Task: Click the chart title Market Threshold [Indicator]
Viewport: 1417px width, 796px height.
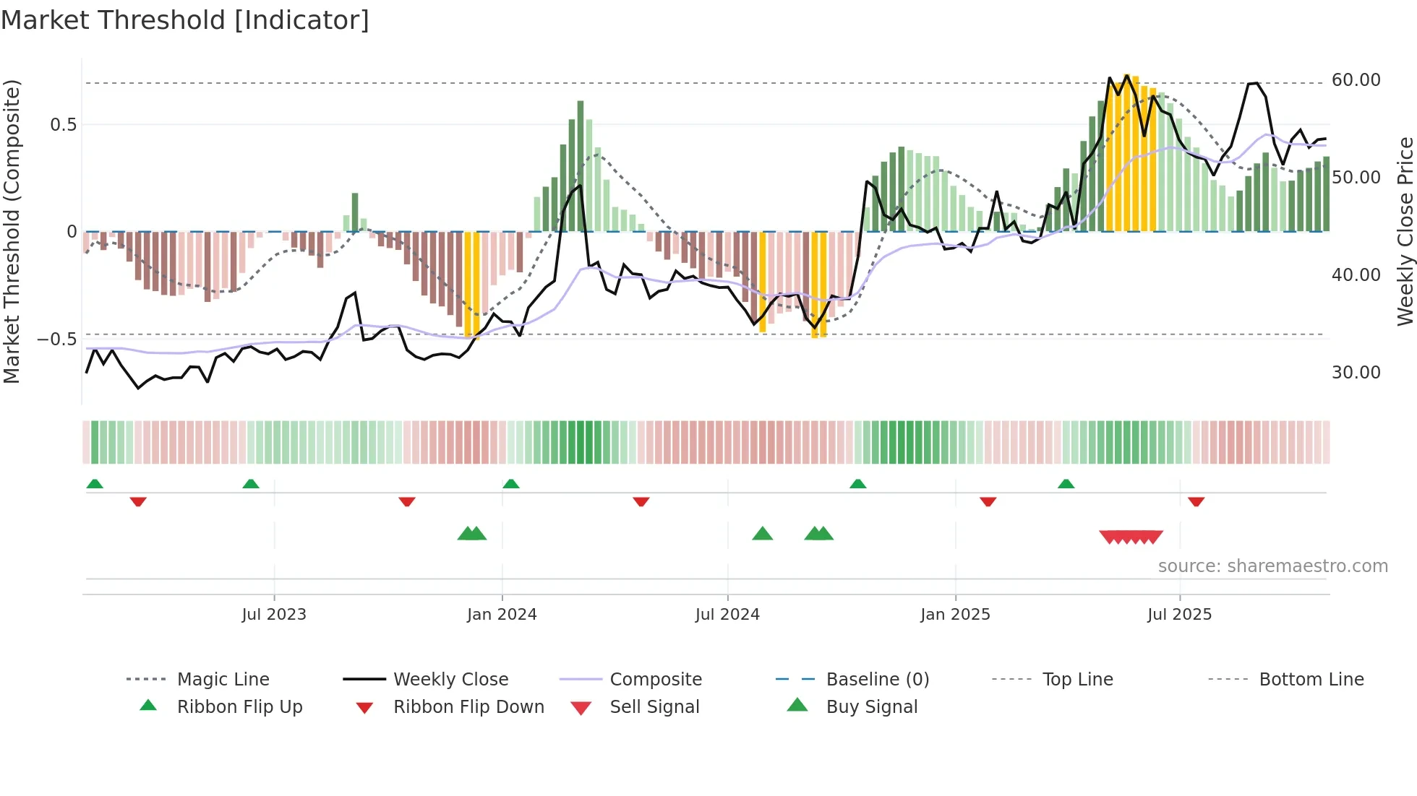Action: (x=185, y=20)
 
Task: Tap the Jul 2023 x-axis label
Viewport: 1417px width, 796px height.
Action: (x=274, y=615)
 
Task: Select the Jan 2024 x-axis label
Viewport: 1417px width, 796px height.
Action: (x=502, y=615)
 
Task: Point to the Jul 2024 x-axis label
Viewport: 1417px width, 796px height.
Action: (x=727, y=615)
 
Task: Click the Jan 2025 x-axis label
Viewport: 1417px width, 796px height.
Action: (x=955, y=615)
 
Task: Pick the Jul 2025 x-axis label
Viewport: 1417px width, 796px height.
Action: (x=1179, y=615)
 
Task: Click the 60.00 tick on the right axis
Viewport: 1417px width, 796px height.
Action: (x=1356, y=80)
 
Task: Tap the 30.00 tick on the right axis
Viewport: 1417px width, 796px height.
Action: (x=1356, y=373)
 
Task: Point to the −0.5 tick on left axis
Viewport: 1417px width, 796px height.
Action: (x=57, y=339)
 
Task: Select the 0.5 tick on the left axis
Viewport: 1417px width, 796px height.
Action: (x=63, y=125)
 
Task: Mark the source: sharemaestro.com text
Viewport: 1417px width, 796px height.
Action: (x=1272, y=566)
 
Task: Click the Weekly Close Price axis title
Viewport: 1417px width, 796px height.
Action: (x=1405, y=231)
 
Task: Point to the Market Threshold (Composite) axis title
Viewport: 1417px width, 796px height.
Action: (x=12, y=231)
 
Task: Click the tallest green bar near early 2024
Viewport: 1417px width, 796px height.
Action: (x=581, y=166)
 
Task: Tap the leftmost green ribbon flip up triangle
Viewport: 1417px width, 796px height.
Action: (x=95, y=484)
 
